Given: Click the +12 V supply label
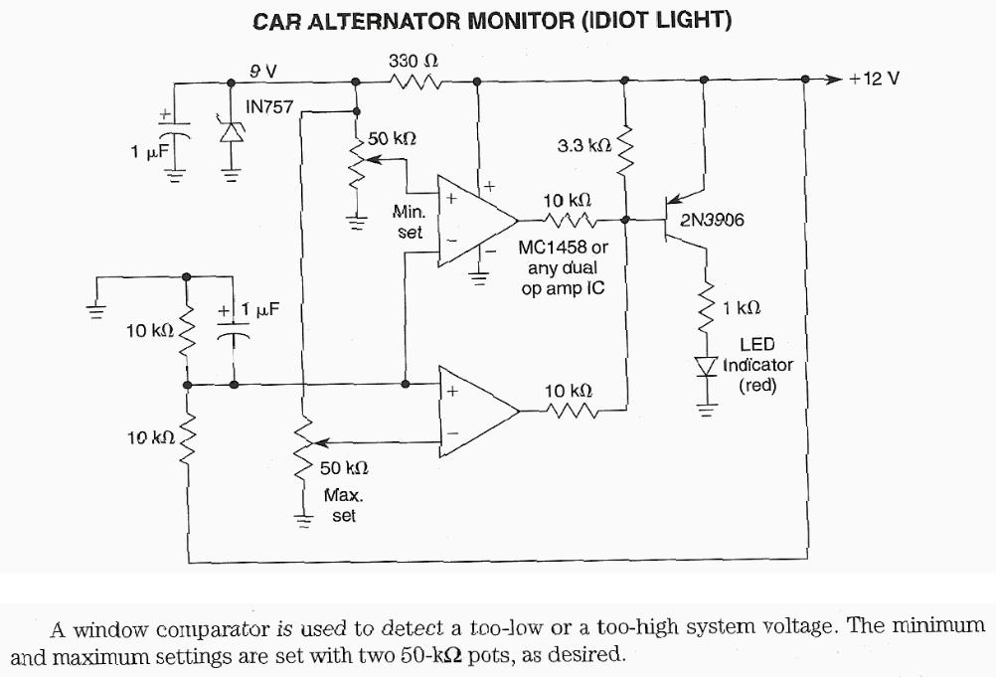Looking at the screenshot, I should tap(874, 79).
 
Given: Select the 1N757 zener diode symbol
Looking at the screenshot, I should tap(232, 130).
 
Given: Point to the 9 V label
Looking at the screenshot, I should tap(263, 71).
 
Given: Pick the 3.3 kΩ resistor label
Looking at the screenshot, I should tap(583, 146).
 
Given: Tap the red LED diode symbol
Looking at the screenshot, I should tap(708, 370).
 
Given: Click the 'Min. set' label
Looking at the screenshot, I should tap(410, 222).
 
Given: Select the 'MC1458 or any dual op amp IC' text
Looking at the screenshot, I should tap(561, 267).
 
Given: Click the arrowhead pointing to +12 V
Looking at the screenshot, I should tap(832, 79).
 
